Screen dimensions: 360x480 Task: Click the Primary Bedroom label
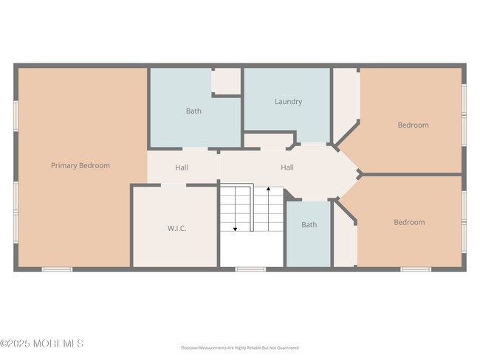point(80,166)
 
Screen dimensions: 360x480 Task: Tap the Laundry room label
point(288,102)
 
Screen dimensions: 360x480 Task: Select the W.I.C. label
point(176,229)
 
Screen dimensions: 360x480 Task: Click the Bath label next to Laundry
point(193,111)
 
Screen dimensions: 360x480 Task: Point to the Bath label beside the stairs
point(309,225)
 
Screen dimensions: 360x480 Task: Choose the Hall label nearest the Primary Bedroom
point(182,168)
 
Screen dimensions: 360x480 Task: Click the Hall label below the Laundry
point(287,167)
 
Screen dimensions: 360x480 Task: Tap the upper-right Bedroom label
point(413,125)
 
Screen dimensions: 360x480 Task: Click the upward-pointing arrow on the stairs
point(269,190)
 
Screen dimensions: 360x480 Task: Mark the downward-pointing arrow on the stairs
point(236,229)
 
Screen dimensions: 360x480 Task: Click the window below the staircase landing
point(250,269)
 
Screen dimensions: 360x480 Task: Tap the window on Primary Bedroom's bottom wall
point(57,269)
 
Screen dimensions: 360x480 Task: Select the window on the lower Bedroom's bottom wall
point(416,269)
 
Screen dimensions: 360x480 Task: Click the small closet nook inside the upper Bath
point(227,80)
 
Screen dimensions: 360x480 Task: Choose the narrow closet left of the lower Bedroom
point(345,240)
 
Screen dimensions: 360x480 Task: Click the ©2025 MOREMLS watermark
point(42,344)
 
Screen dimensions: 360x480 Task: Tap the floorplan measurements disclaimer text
point(240,348)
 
